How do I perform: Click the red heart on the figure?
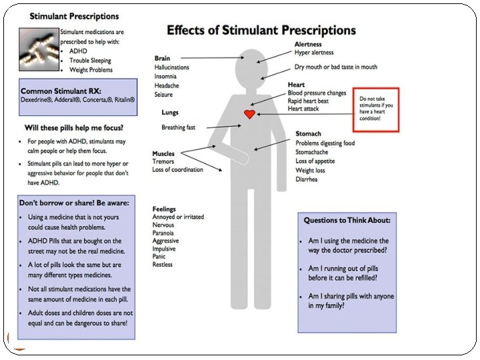tap(249, 114)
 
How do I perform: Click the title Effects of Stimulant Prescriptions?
tap(261, 31)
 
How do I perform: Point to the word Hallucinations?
tap(171, 67)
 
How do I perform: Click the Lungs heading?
tap(170, 113)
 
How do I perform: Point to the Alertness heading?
tap(309, 43)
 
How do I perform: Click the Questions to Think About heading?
tap(347, 220)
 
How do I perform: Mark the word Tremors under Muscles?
tap(163, 161)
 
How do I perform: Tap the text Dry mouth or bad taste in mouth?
tap(336, 67)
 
